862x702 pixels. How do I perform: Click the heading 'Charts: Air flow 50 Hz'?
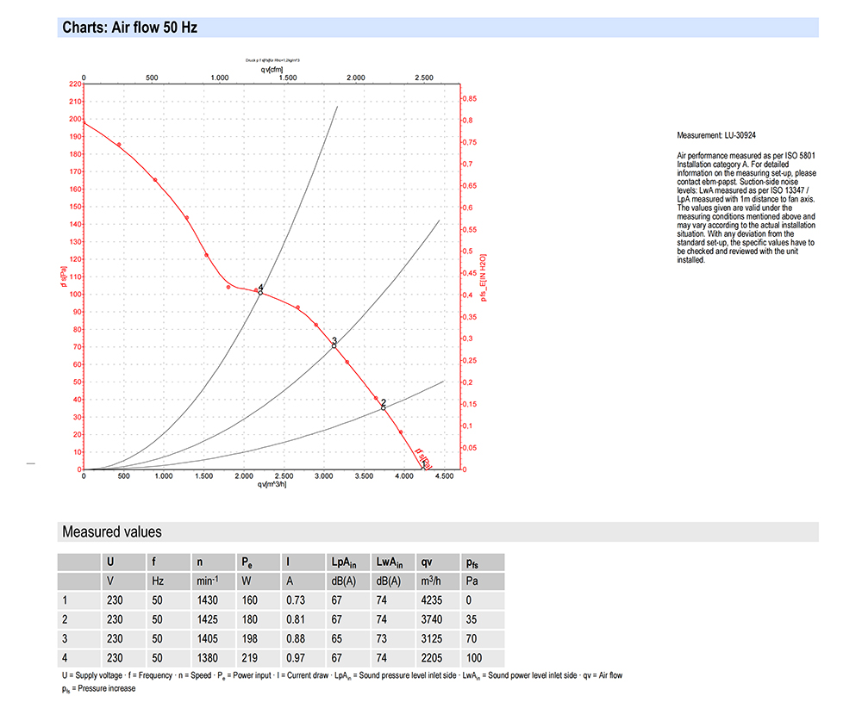130,28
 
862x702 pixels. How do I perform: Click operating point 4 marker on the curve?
260,292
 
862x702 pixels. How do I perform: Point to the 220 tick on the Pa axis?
75,84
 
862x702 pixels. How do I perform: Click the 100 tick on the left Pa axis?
75,295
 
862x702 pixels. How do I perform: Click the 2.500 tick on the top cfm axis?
424,78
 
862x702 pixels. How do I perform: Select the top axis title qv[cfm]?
272,69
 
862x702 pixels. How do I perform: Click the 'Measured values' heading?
111,532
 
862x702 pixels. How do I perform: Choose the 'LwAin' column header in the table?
390,562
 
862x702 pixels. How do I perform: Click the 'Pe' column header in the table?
246,562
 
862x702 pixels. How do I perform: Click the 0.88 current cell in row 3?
295,639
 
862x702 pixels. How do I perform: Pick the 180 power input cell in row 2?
248,619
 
